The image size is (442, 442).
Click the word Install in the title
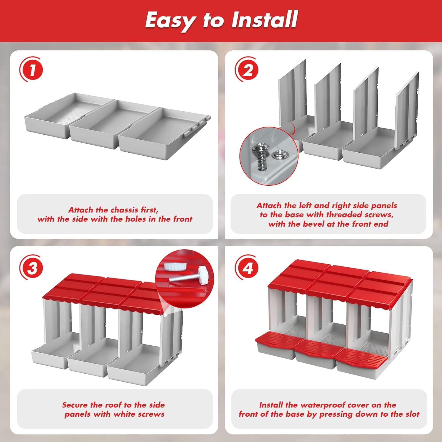point(264,20)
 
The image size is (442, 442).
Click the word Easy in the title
point(170,21)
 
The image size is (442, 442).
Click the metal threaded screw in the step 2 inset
point(260,156)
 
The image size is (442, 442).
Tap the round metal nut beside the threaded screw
point(278,154)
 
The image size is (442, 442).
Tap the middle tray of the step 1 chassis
point(113,124)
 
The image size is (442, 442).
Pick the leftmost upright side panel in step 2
point(292,94)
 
